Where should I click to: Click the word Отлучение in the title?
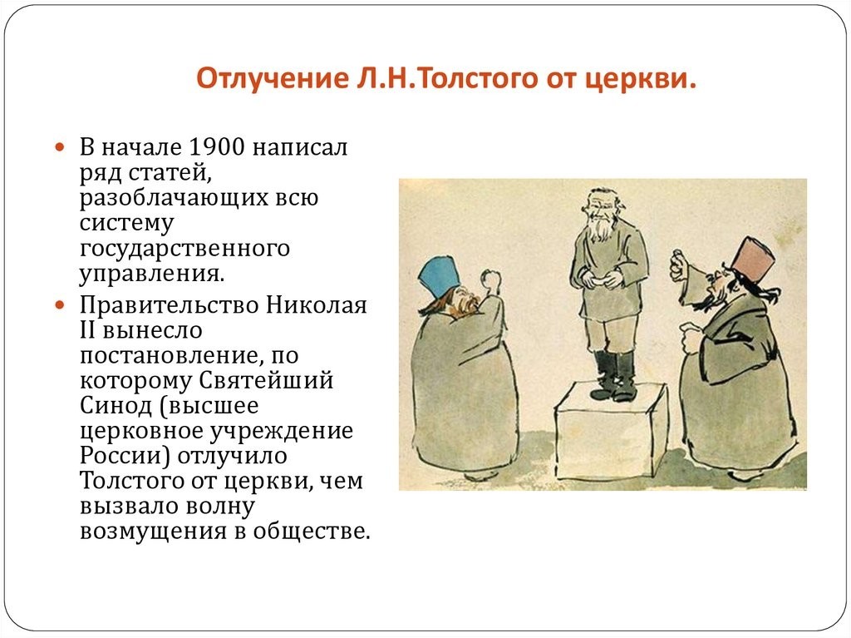pyautogui.click(x=272, y=77)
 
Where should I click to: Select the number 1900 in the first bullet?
pyautogui.click(x=217, y=147)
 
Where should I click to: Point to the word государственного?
pyautogui.click(x=184, y=249)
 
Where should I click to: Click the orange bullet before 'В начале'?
pyautogui.click(x=60, y=147)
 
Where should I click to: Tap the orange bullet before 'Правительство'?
pyautogui.click(x=60, y=305)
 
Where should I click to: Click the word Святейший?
pyautogui.click(x=266, y=380)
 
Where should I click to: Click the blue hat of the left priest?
pyautogui.click(x=439, y=278)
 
